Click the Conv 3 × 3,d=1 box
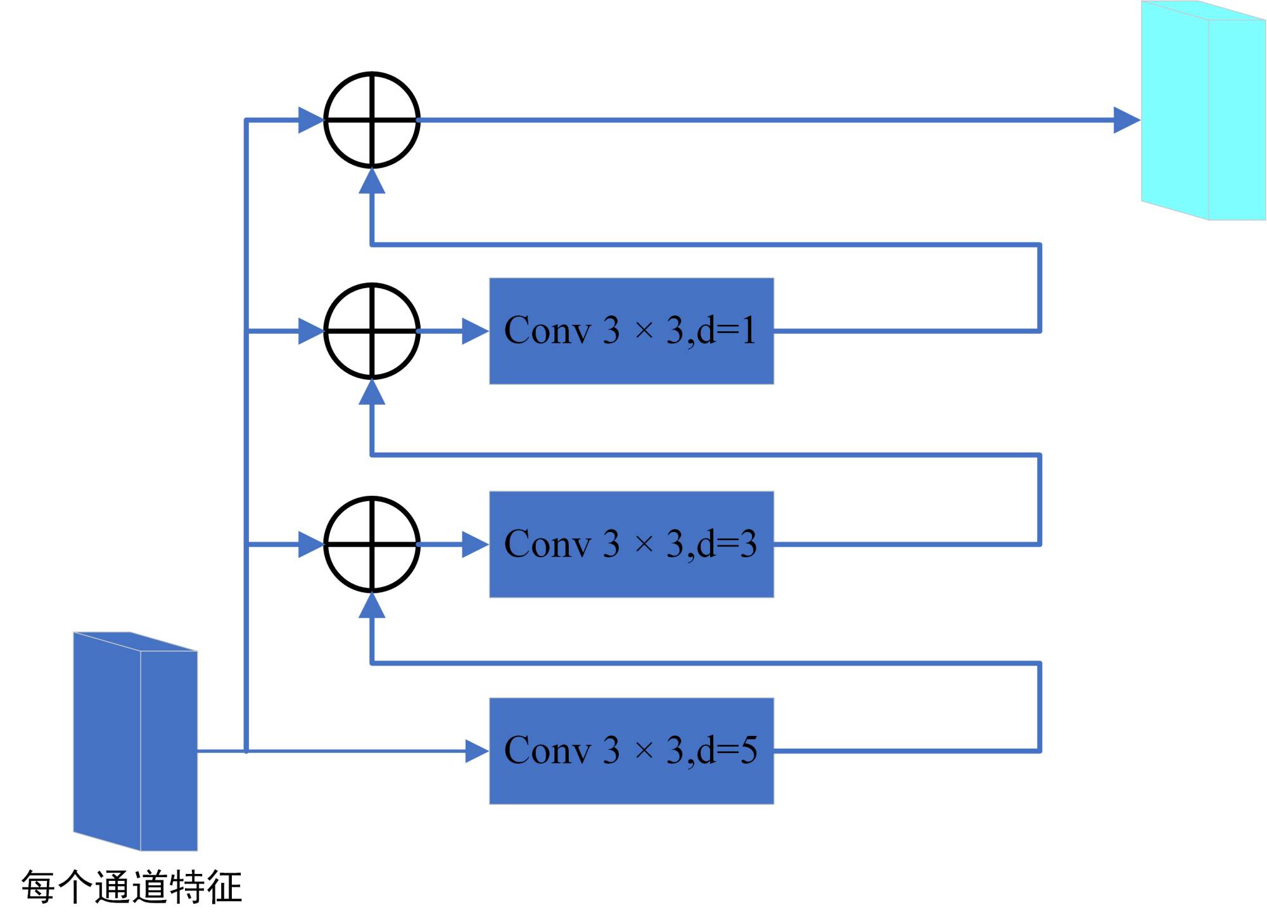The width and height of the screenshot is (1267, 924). pyautogui.click(x=631, y=331)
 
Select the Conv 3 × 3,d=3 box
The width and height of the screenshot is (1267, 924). pyautogui.click(x=631, y=544)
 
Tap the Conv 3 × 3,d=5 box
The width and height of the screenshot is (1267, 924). pyautogui.click(x=631, y=750)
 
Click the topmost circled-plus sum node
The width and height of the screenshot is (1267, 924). pyautogui.click(x=372, y=120)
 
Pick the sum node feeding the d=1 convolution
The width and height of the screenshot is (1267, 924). pyautogui.click(x=372, y=331)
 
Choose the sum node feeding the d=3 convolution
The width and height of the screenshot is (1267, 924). pyautogui.click(x=372, y=544)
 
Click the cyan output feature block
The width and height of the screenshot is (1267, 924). pyautogui.click(x=1202, y=111)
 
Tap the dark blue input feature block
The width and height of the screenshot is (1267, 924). pyautogui.click(x=135, y=741)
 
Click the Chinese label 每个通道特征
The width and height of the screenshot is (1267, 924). pyautogui.click(x=132, y=887)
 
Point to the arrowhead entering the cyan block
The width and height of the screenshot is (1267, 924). pyautogui.click(x=1126, y=120)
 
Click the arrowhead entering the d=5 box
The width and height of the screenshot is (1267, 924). pyautogui.click(x=476, y=751)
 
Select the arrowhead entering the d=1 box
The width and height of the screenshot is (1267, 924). pyautogui.click(x=474, y=331)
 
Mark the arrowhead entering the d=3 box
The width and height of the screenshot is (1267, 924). pyautogui.click(x=474, y=544)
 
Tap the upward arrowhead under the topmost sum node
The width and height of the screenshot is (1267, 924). pyautogui.click(x=372, y=182)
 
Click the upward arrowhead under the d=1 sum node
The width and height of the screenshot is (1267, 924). pyautogui.click(x=372, y=393)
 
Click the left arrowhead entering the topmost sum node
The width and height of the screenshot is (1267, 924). pyautogui.click(x=310, y=120)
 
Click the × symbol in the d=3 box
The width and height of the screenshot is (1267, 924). pyautogui.click(x=644, y=544)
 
